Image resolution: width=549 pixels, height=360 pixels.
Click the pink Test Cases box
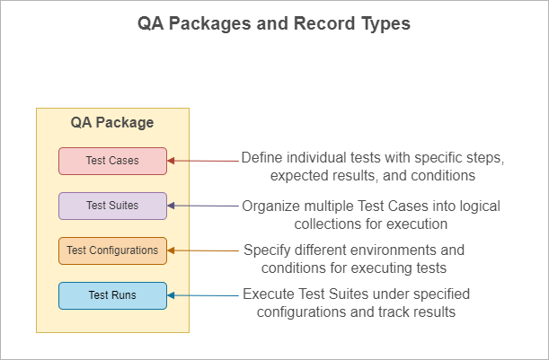pyautogui.click(x=112, y=161)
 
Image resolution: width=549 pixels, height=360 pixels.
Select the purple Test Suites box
pyautogui.click(x=112, y=206)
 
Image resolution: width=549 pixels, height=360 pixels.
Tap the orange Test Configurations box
pyautogui.click(x=112, y=250)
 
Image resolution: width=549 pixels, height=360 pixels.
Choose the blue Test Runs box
pyautogui.click(x=112, y=295)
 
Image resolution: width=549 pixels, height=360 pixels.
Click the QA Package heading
pyautogui.click(x=112, y=123)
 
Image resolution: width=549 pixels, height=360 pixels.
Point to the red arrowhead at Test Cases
pyautogui.click(x=171, y=161)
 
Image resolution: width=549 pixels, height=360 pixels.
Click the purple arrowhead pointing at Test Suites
pyautogui.click(x=171, y=206)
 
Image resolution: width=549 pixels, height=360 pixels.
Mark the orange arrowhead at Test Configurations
pyautogui.click(x=171, y=250)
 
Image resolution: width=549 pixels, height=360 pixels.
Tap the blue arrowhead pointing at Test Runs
pyautogui.click(x=171, y=295)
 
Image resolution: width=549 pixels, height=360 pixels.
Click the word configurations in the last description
pyautogui.click(x=301, y=312)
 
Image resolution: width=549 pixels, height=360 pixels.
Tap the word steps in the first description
pyautogui.click(x=485, y=159)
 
